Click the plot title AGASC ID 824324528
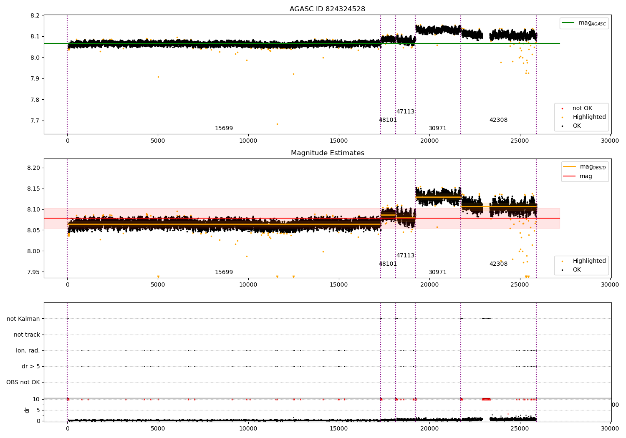pyautogui.click(x=327, y=9)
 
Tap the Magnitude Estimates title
pyautogui.click(x=327, y=153)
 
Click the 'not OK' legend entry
pyautogui.click(x=582, y=108)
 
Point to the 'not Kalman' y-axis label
pyautogui.click(x=23, y=319)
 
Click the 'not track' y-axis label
pyautogui.click(x=27, y=335)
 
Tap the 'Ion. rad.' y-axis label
pyautogui.click(x=28, y=350)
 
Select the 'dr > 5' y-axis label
pyautogui.click(x=31, y=366)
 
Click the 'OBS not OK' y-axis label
pyautogui.click(x=23, y=382)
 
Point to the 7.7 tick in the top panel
pyautogui.click(x=35, y=121)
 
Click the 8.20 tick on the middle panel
pyautogui.click(x=33, y=168)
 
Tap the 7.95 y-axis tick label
pyautogui.click(x=33, y=272)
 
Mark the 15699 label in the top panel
pyautogui.click(x=224, y=128)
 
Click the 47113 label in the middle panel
pyautogui.click(x=405, y=255)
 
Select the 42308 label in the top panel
pyautogui.click(x=498, y=120)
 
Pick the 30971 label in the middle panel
pyautogui.click(x=437, y=272)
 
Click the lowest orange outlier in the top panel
pyautogui.click(x=277, y=124)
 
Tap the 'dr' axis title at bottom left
pyautogui.click(x=27, y=410)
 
